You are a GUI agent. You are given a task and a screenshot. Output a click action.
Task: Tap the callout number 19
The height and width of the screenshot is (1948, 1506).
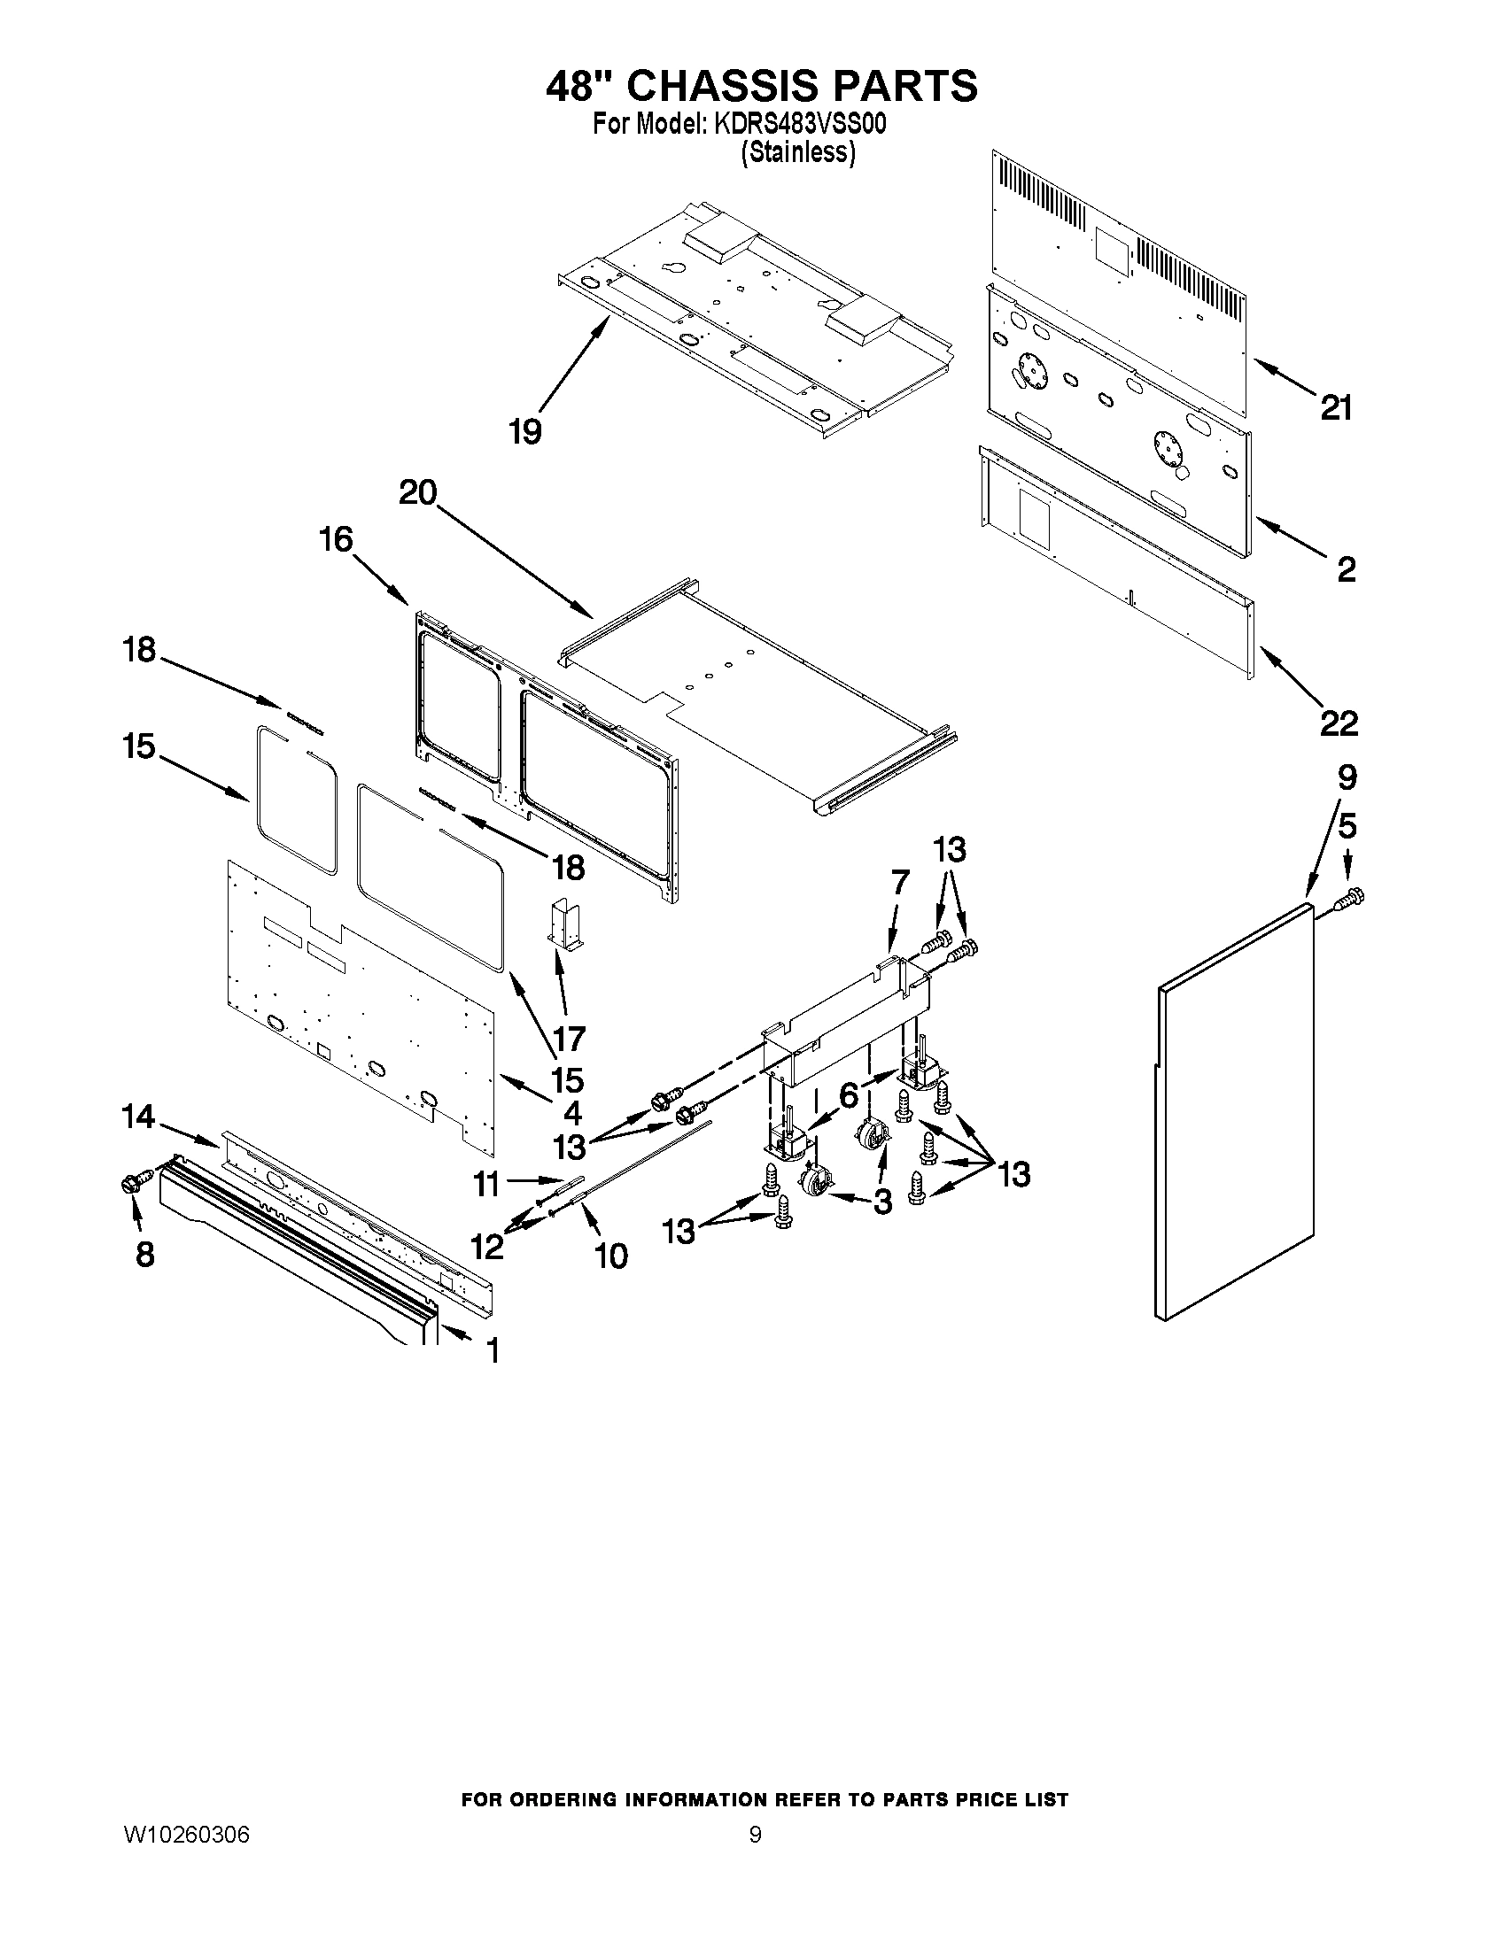pos(525,433)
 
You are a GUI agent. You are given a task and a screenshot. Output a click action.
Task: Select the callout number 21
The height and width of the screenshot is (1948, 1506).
pos(1336,408)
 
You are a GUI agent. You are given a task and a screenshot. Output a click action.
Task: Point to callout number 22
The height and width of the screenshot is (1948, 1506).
pos(1339,723)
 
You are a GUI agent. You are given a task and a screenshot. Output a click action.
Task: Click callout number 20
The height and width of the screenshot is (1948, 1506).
pos(417,492)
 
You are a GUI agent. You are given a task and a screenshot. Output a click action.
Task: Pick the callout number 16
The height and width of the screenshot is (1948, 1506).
pos(337,539)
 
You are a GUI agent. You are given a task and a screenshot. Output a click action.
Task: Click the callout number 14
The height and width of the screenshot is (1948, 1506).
pos(138,1117)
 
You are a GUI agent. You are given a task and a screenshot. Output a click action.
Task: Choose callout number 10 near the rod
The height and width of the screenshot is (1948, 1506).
pos(611,1256)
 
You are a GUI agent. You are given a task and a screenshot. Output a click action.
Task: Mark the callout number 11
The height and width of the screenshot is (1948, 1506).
pos(486,1185)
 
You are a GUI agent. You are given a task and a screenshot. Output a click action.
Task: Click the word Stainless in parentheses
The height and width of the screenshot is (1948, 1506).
pos(797,153)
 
